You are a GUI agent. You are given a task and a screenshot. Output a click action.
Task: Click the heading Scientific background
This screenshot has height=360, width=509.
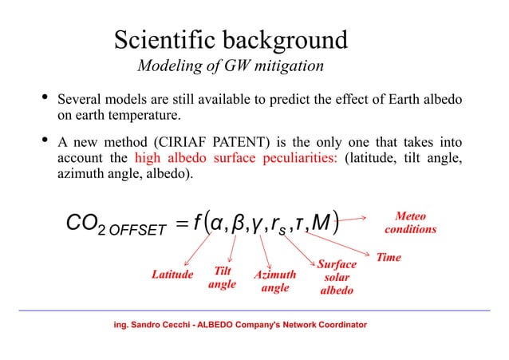[x=231, y=40]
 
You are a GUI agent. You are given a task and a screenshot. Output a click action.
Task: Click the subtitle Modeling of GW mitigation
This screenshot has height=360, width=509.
[x=231, y=65]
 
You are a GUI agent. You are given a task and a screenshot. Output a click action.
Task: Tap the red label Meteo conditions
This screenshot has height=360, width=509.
[x=410, y=223]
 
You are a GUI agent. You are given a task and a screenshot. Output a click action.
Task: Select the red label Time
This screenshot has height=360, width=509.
[x=389, y=258]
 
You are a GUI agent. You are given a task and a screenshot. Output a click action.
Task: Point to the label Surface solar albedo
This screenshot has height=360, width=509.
[x=336, y=277]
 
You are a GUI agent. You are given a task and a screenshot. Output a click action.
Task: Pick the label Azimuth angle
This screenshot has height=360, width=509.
[x=275, y=281]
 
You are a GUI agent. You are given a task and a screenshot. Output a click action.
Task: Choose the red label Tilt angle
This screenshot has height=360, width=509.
[x=222, y=277]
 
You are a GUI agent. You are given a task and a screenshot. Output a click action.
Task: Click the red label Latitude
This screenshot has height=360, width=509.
[x=173, y=275]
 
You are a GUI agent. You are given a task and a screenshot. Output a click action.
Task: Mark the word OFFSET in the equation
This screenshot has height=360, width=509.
[x=139, y=231]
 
